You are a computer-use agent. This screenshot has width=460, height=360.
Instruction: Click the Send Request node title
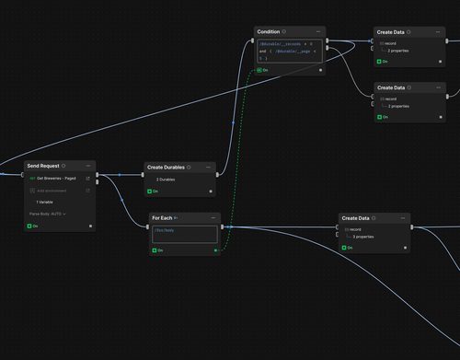tap(42, 166)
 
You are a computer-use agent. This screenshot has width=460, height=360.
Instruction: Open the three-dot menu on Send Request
tap(88, 166)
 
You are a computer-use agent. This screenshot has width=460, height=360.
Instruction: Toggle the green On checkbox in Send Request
tap(30, 226)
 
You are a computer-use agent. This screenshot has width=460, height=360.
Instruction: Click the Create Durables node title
tap(166, 168)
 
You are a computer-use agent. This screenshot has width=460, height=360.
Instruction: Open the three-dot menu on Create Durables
tap(210, 168)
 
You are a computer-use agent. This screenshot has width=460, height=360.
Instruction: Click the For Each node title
tap(163, 217)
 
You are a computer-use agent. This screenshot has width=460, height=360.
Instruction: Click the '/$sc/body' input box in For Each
tap(185, 234)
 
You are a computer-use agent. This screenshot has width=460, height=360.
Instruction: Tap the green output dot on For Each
tap(216, 250)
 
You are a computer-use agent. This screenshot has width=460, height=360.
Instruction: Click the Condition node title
tap(269, 31)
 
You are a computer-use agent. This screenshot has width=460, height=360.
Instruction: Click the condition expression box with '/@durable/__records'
tap(289, 51)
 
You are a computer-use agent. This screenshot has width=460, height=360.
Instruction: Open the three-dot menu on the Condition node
tap(318, 31)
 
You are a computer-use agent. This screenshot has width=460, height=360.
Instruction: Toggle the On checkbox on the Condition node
tap(260, 70)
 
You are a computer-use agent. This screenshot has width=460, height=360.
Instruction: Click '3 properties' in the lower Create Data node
tap(363, 237)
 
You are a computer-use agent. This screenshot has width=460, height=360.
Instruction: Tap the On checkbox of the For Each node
tap(154, 250)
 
